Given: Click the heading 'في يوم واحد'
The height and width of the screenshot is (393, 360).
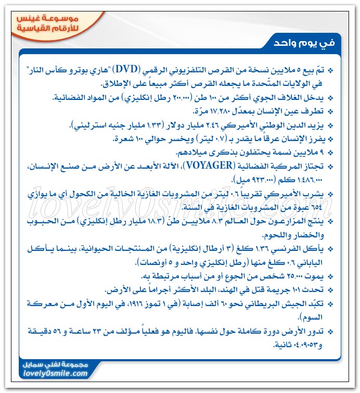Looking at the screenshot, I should coord(303,41).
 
